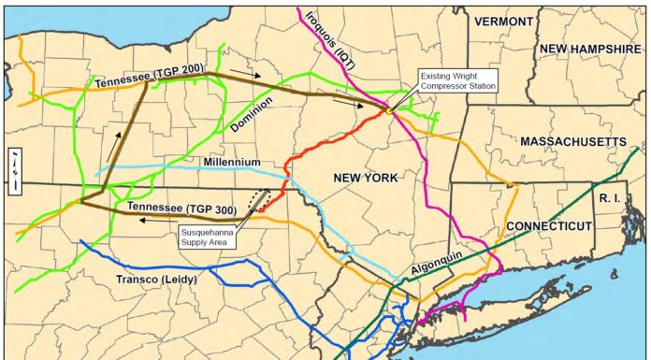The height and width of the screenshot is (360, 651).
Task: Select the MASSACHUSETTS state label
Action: point(573,141)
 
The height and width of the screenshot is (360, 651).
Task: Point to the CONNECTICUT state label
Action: point(549,226)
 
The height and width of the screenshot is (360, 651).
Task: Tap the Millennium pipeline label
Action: point(232,162)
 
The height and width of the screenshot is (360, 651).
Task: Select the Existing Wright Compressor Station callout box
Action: point(457,80)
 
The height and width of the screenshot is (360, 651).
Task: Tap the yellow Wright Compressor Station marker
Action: point(388,111)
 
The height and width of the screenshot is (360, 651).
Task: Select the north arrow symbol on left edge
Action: point(14,170)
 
